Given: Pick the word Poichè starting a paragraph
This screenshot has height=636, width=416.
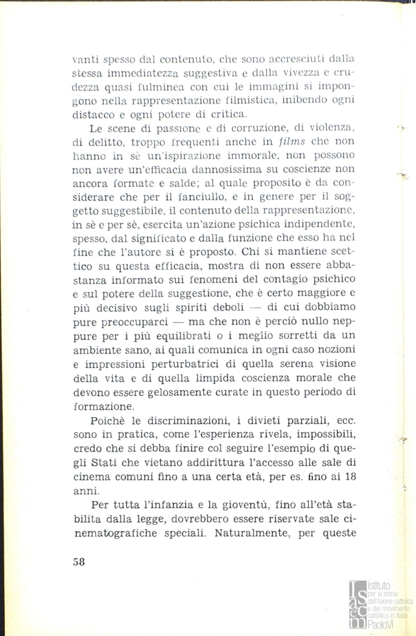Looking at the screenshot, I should [108, 422].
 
